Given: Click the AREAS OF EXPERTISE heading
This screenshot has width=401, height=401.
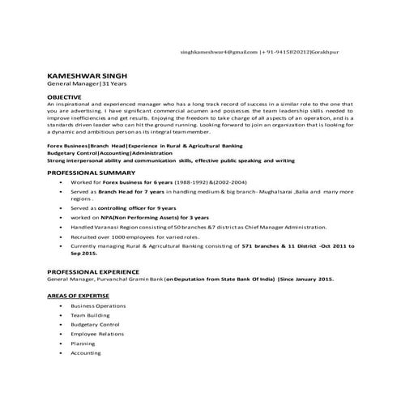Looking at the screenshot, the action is [x=79, y=297].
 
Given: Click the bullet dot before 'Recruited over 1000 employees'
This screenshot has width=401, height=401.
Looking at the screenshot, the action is [x=63, y=237].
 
